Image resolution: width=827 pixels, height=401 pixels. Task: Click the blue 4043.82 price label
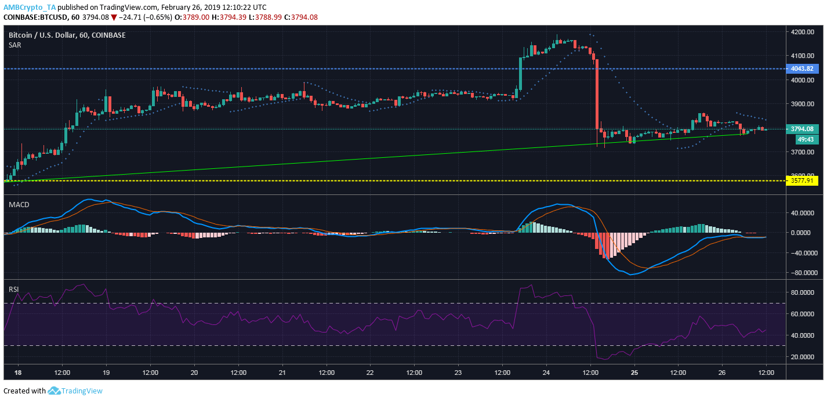(x=802, y=68)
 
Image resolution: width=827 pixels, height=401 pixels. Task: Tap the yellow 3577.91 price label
(x=802, y=180)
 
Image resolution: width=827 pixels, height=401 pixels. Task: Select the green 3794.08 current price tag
(x=802, y=129)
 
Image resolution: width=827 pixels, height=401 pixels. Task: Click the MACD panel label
(x=19, y=205)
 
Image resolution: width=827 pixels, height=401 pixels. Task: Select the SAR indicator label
(x=15, y=45)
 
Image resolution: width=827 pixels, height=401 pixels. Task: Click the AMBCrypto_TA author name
(x=30, y=8)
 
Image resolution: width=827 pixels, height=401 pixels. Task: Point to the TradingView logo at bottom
(x=75, y=391)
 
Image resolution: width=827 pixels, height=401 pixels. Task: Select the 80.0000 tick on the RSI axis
(x=803, y=292)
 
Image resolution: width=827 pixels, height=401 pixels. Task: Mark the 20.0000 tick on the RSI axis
(x=803, y=356)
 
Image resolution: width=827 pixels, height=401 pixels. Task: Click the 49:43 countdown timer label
(x=804, y=139)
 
